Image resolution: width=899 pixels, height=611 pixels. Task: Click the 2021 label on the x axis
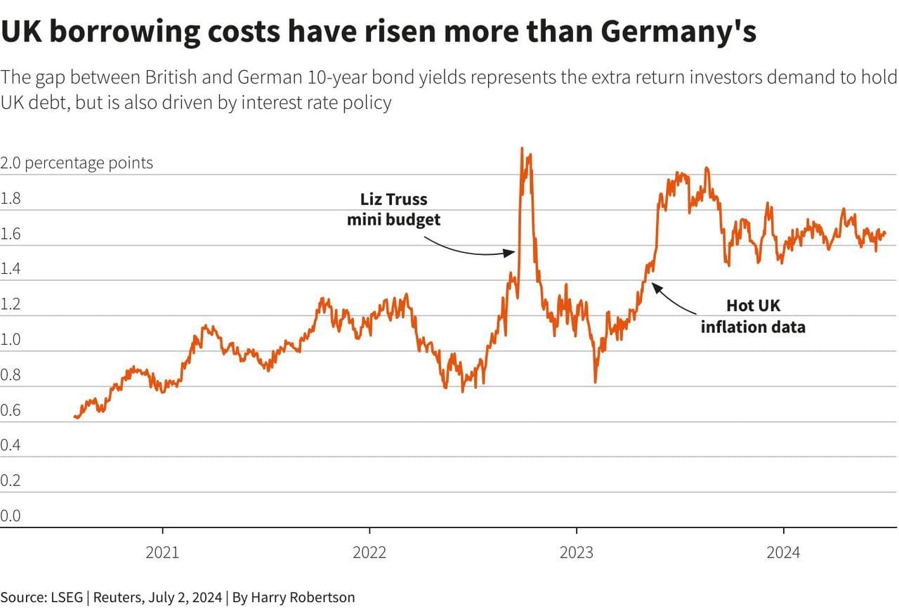pyautogui.click(x=162, y=553)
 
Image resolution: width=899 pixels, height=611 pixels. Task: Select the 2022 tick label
pyautogui.click(x=369, y=553)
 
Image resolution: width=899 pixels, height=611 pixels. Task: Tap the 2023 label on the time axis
pyautogui.click(x=576, y=553)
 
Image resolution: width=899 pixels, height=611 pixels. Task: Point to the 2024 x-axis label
pyautogui.click(x=783, y=553)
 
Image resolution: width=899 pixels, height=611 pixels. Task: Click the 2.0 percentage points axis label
pyautogui.click(x=77, y=163)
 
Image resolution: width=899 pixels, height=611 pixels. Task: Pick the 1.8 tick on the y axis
pyautogui.click(x=11, y=199)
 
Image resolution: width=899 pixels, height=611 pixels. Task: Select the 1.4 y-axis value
pyautogui.click(x=11, y=269)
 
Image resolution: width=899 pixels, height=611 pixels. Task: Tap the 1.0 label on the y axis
pyautogui.click(x=11, y=340)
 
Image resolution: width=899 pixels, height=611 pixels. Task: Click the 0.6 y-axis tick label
pyautogui.click(x=11, y=410)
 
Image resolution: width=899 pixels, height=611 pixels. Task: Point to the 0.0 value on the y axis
pyautogui.click(x=11, y=516)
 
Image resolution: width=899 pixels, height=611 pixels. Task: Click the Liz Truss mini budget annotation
pyautogui.click(x=394, y=209)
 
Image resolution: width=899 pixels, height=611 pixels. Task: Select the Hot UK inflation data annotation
pyautogui.click(x=753, y=316)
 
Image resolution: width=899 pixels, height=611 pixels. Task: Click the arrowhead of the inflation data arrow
pyautogui.click(x=654, y=284)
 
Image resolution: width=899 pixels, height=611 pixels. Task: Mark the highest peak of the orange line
pyautogui.click(x=522, y=149)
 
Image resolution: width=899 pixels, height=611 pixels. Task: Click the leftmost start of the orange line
pyautogui.click(x=74, y=416)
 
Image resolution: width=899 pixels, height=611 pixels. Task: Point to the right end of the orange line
pyautogui.click(x=885, y=233)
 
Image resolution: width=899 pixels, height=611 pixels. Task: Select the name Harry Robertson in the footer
pyautogui.click(x=303, y=598)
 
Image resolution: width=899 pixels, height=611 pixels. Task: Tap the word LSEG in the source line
pyautogui.click(x=65, y=598)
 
